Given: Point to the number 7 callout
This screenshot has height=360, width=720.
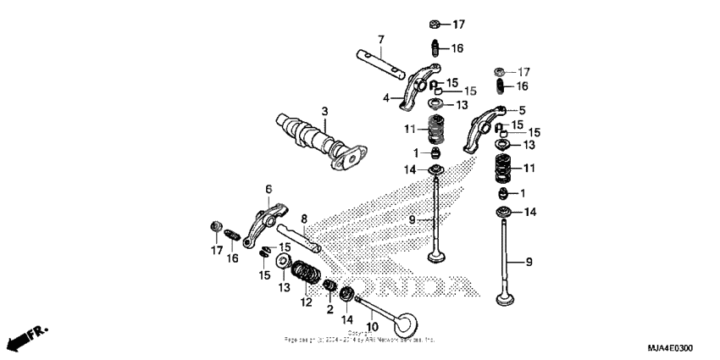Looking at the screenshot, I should (381, 40).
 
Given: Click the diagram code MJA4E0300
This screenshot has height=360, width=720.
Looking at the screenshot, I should (669, 349).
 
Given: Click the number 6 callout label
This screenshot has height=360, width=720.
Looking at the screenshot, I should (269, 188).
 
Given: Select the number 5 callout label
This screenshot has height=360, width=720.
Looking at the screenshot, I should (522, 109).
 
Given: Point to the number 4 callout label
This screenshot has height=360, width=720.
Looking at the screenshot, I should (385, 98).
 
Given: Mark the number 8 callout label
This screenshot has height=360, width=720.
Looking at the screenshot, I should (303, 218).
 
